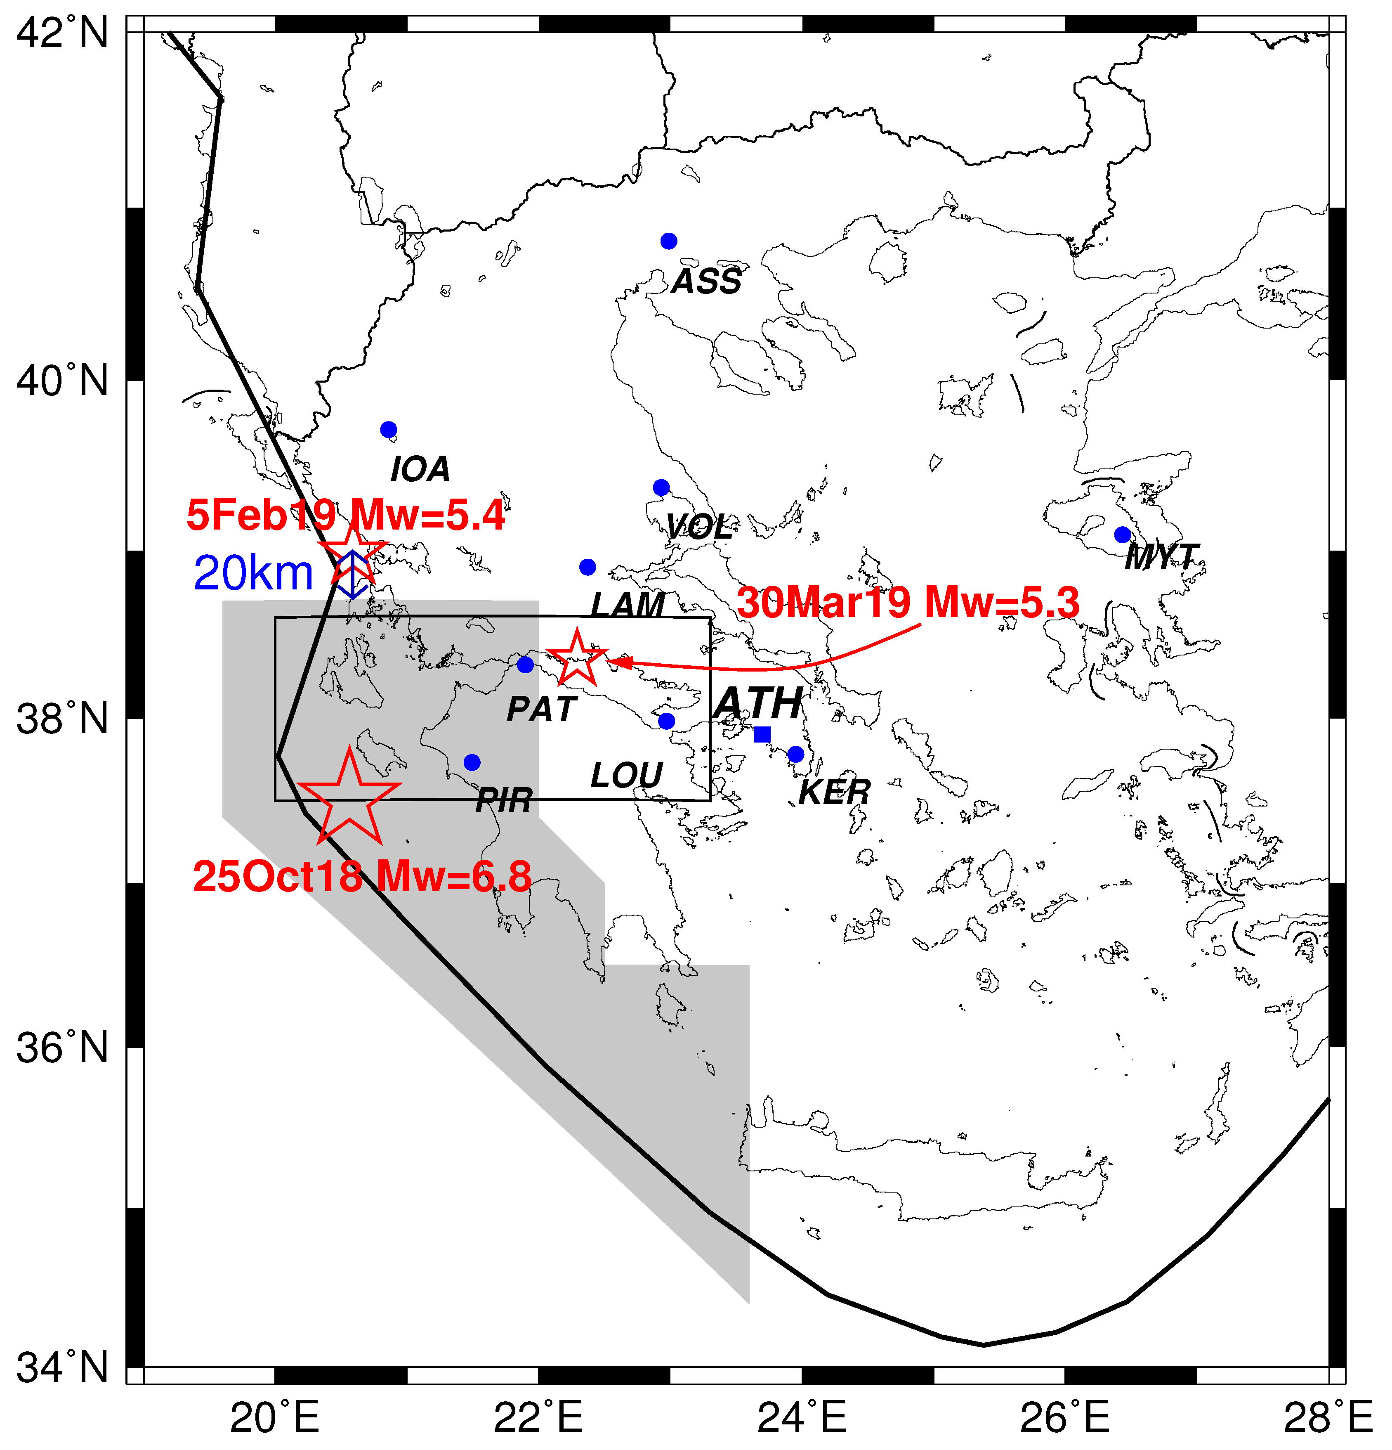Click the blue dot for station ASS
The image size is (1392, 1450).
click(669, 241)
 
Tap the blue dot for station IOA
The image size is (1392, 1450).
click(388, 430)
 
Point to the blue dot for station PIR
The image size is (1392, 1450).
click(472, 762)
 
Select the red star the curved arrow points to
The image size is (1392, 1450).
click(577, 658)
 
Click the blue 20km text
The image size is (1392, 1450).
click(254, 573)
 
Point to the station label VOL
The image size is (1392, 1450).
click(699, 527)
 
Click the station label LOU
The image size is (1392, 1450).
click(626, 775)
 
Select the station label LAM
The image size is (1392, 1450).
click(627, 605)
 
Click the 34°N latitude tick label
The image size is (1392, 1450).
click(62, 1367)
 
